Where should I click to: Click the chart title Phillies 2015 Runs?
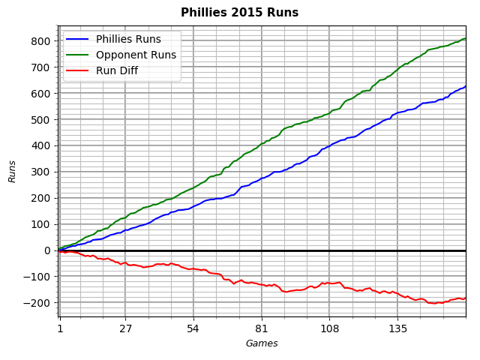pos(239,13)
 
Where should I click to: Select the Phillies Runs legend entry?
pos(127,39)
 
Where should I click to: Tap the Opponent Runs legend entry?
pos(136,55)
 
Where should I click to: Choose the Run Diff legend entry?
pos(118,70)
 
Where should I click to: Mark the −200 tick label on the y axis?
pos(39,303)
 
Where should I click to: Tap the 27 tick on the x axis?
pos(125,328)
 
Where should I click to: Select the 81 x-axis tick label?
pos(262,328)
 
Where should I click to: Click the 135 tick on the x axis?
pos(397,328)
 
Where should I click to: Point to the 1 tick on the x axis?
pos(60,328)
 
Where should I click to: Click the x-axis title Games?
pos(262,343)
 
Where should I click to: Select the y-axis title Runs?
pos(12,172)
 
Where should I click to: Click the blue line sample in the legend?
pos(79,39)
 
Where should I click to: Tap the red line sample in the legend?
pos(79,70)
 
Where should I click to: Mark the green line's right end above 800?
pos(465,38)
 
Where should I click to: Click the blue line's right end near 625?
pos(465,86)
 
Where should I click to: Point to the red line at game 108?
pos(329,283)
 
